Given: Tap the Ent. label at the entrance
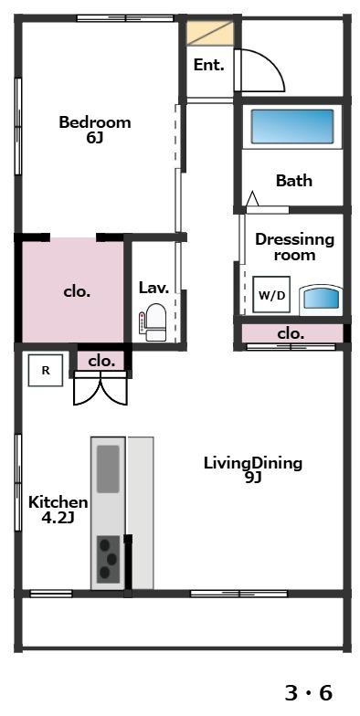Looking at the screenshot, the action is [x=209, y=65].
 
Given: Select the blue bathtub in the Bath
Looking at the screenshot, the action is [x=292, y=126].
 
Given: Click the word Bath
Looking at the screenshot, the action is [x=294, y=181].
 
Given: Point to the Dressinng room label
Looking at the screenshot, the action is [x=294, y=247].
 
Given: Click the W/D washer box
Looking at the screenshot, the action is [x=271, y=294].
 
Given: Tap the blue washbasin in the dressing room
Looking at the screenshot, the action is [x=321, y=300].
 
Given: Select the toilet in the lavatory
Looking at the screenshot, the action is [x=154, y=322].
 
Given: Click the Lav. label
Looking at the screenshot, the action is [x=154, y=289].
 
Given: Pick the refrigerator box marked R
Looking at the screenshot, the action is [x=46, y=371].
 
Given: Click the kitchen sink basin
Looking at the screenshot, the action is [x=108, y=469].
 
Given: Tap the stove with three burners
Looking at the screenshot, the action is [x=108, y=559].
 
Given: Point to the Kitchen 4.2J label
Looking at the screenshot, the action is [x=58, y=510].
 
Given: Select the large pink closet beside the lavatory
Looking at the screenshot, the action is [x=73, y=290].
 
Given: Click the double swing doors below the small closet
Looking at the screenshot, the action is [x=101, y=388].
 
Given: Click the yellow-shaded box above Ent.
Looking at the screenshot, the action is [x=210, y=33].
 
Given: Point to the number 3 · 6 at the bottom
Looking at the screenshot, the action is [x=309, y=693].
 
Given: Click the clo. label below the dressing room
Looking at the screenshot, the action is [x=291, y=334].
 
